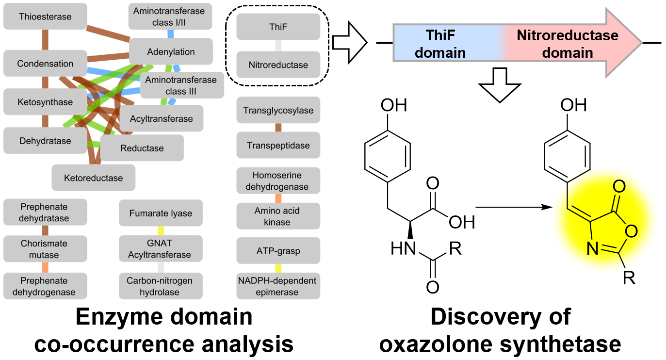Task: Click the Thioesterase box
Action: click(45, 17)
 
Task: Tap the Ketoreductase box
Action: click(93, 178)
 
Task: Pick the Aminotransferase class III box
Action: click(181, 85)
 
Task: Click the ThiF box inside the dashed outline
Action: click(278, 27)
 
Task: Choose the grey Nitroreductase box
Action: click(278, 65)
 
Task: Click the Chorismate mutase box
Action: click(44, 249)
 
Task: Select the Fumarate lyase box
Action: click(161, 213)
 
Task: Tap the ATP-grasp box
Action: click(278, 251)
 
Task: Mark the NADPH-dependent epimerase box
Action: click(277, 286)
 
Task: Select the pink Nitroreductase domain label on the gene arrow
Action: click(568, 44)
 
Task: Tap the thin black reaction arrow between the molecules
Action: click(514, 207)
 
